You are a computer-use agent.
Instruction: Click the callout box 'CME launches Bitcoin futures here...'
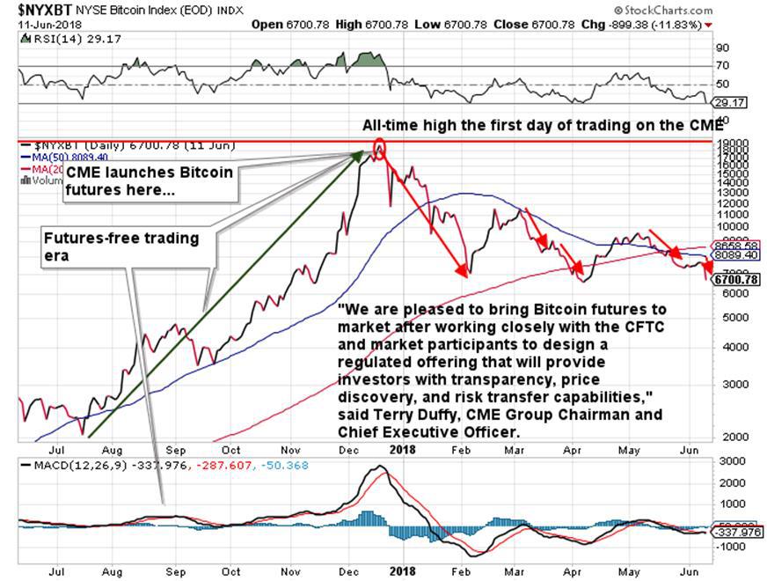pos(150,180)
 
